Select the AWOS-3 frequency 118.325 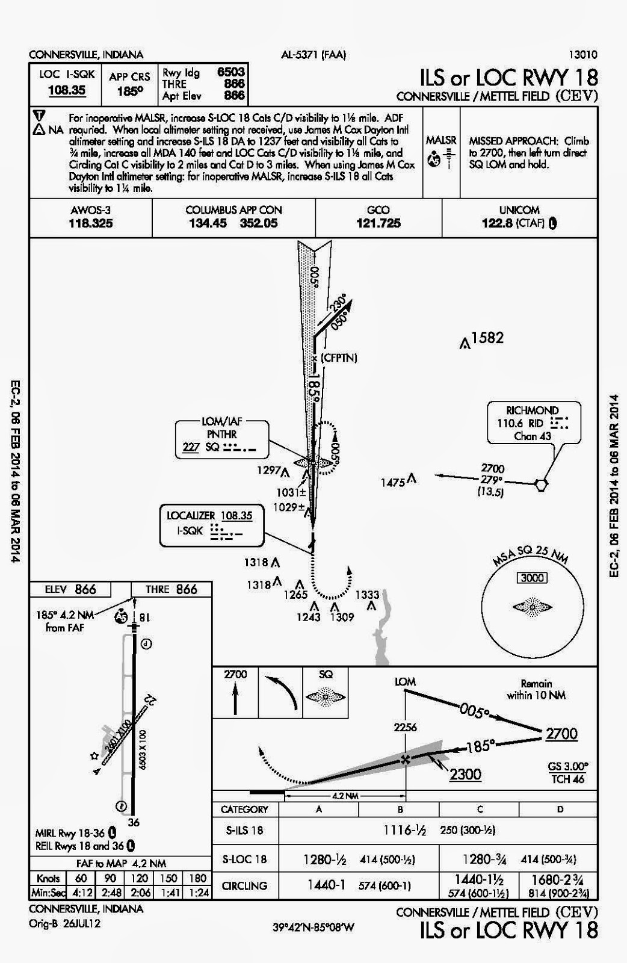tap(90, 223)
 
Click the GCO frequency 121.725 tap(378, 223)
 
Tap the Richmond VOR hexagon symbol tap(541, 483)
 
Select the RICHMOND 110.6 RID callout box tap(527, 423)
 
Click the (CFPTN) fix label tap(339, 358)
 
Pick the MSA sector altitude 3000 tap(533, 578)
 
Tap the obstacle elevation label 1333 tap(367, 595)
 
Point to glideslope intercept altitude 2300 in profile tap(465, 773)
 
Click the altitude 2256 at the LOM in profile tap(405, 727)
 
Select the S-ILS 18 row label tap(242, 831)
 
